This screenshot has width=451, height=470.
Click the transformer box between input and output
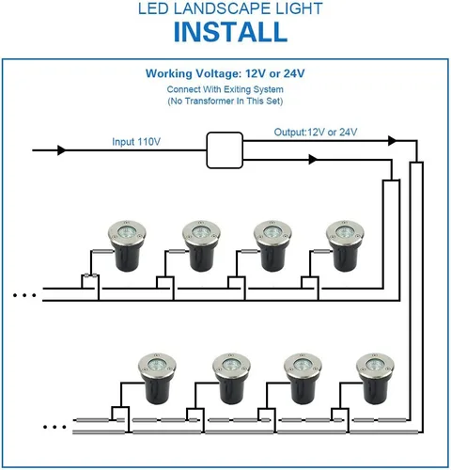point(225,149)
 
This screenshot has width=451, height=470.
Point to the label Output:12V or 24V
point(317,132)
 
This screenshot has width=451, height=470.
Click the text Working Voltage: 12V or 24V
point(225,73)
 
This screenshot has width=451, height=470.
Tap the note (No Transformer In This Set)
point(225,100)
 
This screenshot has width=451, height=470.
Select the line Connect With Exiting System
point(225,87)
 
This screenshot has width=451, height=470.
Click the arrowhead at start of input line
point(63,150)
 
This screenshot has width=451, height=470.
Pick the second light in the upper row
point(200,246)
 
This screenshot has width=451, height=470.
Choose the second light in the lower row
point(229,380)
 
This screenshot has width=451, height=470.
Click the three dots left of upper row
point(25,295)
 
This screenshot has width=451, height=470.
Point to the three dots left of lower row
point(55,427)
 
